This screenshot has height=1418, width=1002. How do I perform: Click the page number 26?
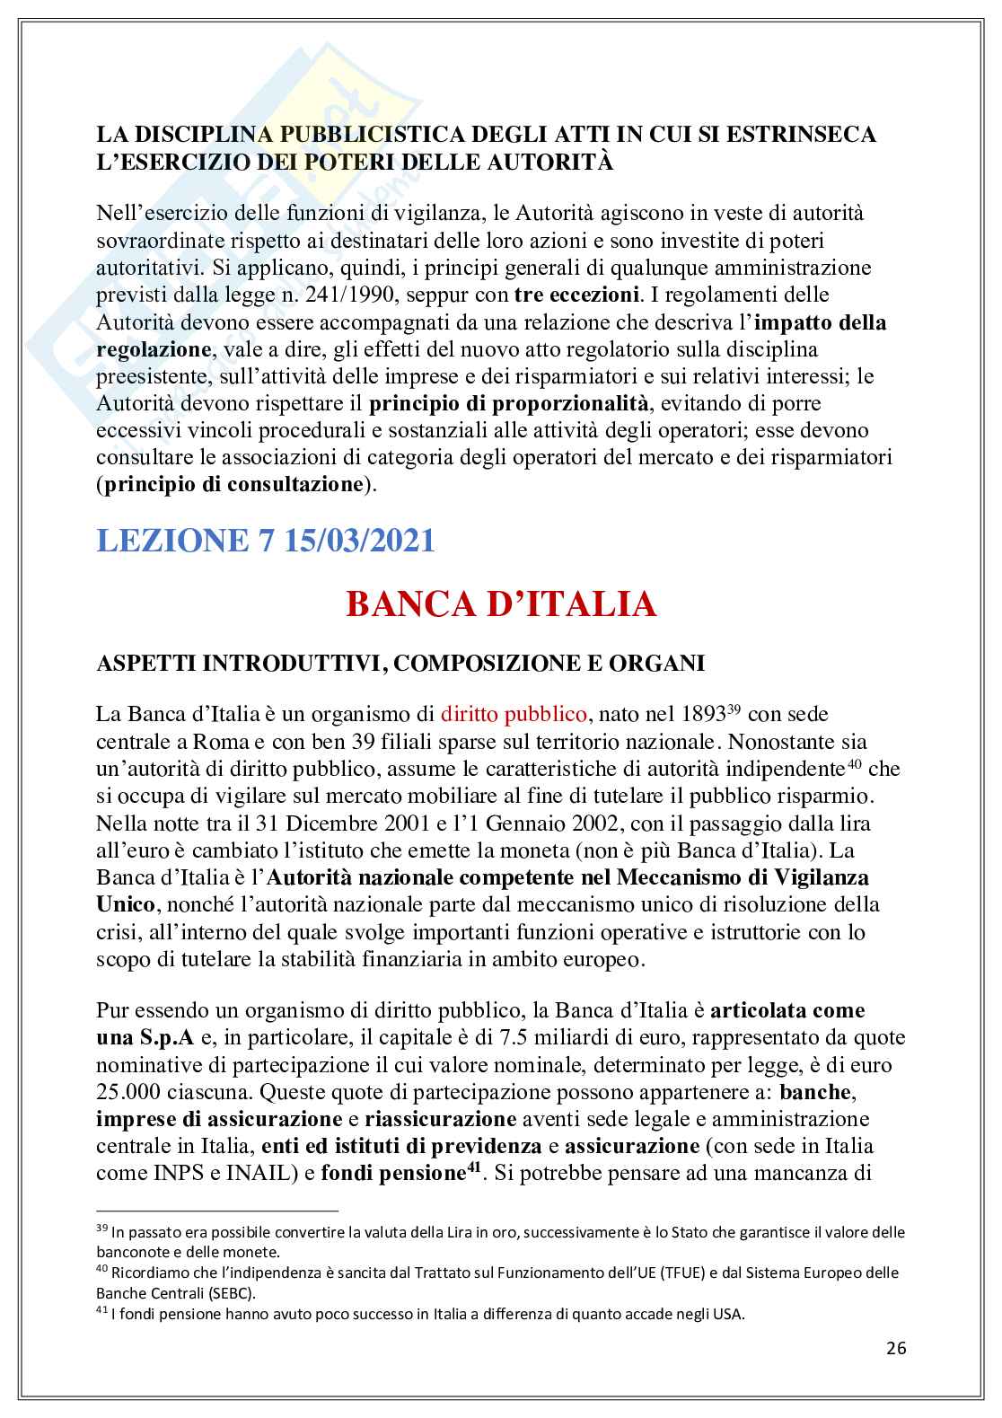click(x=896, y=1348)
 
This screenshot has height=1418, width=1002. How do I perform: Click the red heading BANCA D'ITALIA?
click(x=501, y=604)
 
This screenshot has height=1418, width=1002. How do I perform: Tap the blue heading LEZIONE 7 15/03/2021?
click(x=265, y=541)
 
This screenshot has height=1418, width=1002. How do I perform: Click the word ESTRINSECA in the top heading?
click(x=801, y=135)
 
